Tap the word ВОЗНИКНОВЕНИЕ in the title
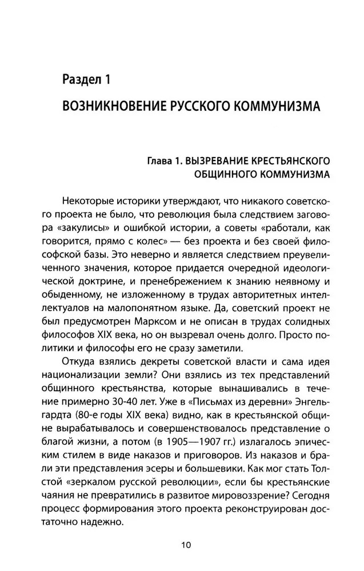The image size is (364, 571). coord(108,107)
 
